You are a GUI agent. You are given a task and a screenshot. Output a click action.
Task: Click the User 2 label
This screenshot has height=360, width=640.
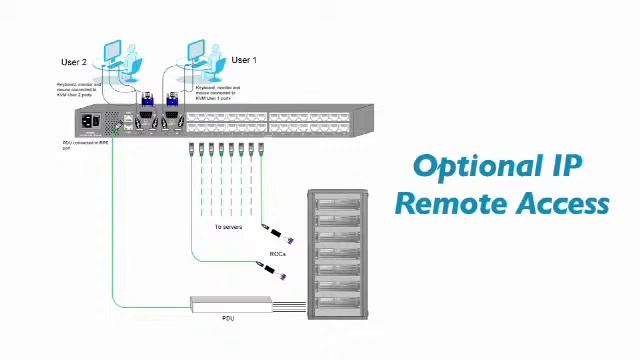pyautogui.click(x=74, y=62)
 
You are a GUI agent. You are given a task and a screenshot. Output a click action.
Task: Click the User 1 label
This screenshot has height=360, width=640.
pyautogui.click(x=244, y=60)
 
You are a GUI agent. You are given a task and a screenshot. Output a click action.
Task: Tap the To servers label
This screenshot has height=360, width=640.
pyautogui.click(x=228, y=227)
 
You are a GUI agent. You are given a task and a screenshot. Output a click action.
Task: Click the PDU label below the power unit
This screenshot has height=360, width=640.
pyautogui.click(x=228, y=318)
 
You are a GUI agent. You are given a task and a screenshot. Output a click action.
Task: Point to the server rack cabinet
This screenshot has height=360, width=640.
pyautogui.click(x=341, y=255)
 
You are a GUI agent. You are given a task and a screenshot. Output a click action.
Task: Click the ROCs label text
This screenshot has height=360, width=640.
pyautogui.click(x=278, y=254)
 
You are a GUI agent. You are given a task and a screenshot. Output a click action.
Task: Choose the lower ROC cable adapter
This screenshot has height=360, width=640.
pyautogui.click(x=274, y=269)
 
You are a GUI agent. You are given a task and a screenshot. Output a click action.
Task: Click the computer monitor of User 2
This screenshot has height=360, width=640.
pyautogui.click(x=112, y=50)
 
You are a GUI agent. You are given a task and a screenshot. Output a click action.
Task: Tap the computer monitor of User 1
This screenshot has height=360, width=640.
pyautogui.click(x=196, y=50)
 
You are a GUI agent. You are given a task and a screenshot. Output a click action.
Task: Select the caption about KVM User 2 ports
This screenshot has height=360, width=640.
pyautogui.click(x=78, y=90)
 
